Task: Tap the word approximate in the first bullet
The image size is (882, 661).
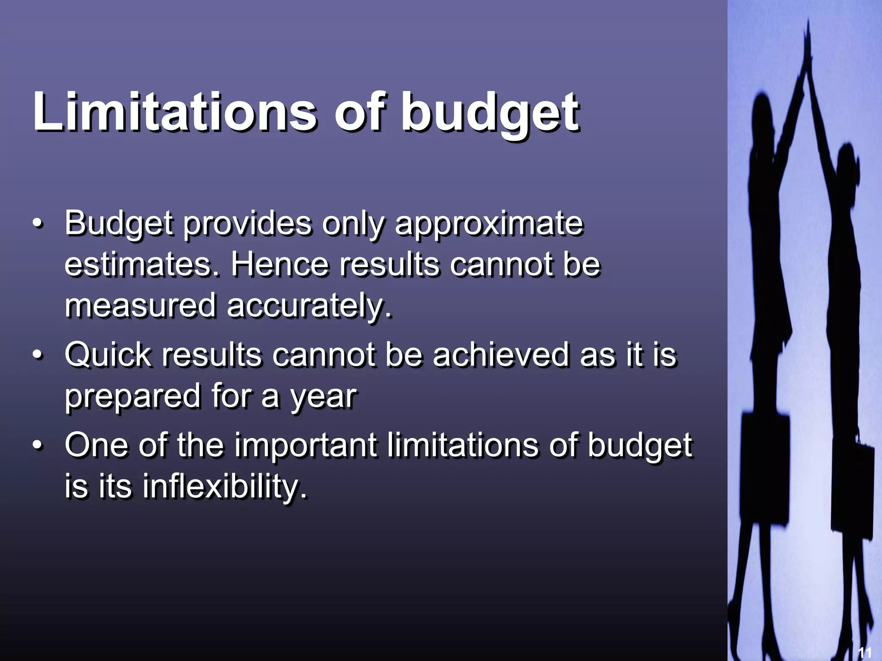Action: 488,224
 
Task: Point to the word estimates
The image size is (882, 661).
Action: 138,265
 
